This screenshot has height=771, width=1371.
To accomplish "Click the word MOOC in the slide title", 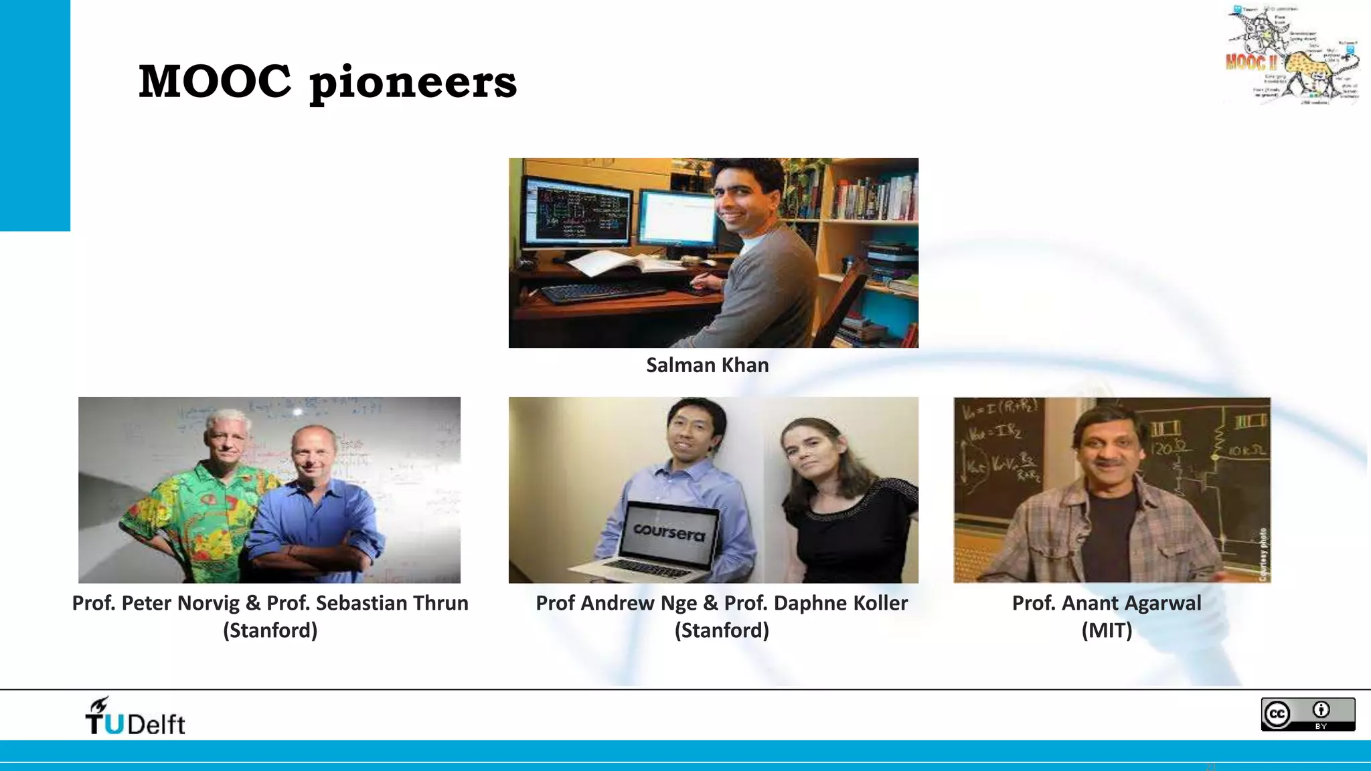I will pyautogui.click(x=214, y=82).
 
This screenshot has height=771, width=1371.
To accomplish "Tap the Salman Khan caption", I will pyautogui.click(x=707, y=365).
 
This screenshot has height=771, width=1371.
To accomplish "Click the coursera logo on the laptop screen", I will pyautogui.click(x=669, y=532).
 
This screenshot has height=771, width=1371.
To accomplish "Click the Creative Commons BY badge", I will pyautogui.click(x=1307, y=714).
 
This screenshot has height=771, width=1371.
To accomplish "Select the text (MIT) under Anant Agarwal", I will pyautogui.click(x=1107, y=630).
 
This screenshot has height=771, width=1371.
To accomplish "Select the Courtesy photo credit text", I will pyautogui.click(x=1263, y=554).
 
